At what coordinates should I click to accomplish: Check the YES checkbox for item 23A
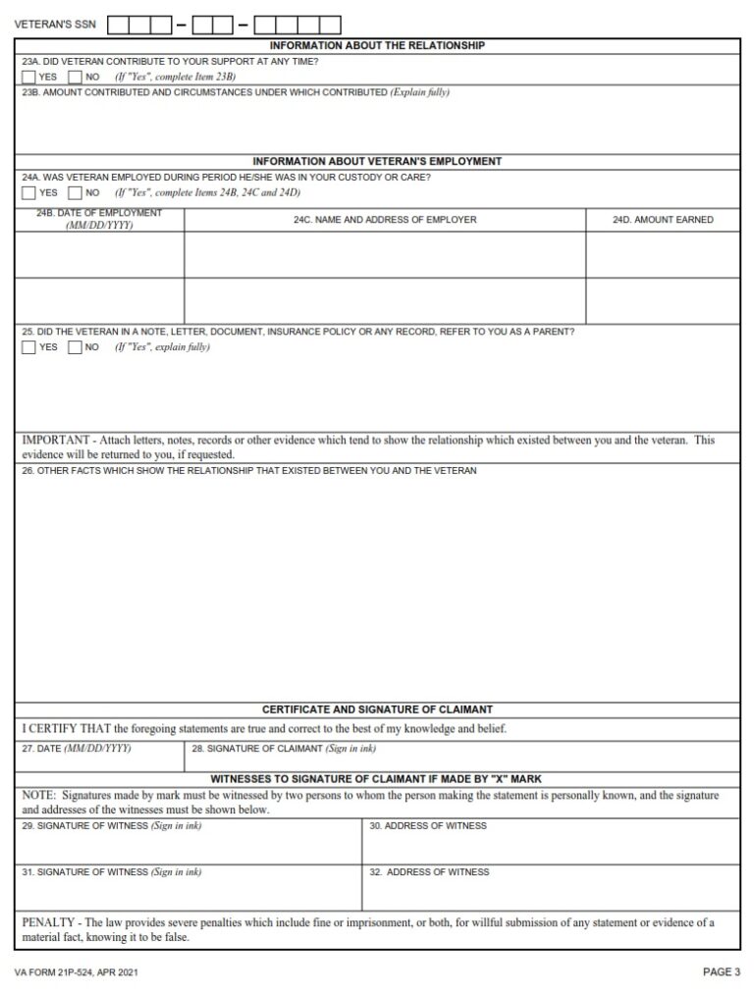coord(29,77)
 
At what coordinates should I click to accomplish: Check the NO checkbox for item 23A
coord(76,77)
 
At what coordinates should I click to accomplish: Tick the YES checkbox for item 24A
coord(29,192)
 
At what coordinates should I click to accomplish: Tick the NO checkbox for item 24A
coord(76,192)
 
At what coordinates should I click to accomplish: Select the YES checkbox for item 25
coord(29,346)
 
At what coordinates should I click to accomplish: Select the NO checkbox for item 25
coord(76,346)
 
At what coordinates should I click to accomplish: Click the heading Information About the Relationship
coord(377,45)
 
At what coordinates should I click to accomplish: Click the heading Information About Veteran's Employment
coord(377,161)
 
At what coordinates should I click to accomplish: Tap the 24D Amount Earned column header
coord(663,220)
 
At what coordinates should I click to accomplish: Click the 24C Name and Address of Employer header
coord(385,220)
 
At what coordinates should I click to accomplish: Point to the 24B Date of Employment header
coord(99,219)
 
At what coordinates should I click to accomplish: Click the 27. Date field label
coord(77,749)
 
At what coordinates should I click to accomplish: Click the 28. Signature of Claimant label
coord(284,749)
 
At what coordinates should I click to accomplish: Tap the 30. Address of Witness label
coord(427,826)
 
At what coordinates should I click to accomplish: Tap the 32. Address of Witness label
coord(428,872)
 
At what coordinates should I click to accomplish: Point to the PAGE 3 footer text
coord(722,972)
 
